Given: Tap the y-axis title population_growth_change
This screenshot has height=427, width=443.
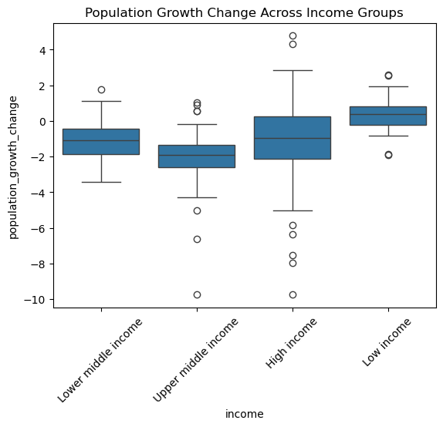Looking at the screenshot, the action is (x=13, y=167).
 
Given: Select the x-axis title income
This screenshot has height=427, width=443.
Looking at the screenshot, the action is (x=245, y=414).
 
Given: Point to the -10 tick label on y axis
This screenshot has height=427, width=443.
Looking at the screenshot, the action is (x=35, y=300).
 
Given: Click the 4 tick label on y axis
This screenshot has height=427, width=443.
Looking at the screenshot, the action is (x=43, y=50).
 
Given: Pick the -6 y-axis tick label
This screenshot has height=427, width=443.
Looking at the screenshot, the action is (x=38, y=228).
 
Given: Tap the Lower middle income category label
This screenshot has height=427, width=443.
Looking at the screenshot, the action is (x=100, y=361).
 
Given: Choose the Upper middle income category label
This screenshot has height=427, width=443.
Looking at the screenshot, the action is (x=195, y=360).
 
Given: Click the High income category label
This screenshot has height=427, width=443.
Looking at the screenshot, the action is (x=291, y=343).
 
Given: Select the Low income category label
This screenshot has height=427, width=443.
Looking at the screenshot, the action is (x=387, y=342).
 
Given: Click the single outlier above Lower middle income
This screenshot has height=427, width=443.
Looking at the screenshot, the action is (x=101, y=89).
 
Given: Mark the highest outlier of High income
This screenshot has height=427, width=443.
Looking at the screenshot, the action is (x=293, y=36).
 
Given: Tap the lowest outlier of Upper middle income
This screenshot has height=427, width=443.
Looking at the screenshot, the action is (x=198, y=295).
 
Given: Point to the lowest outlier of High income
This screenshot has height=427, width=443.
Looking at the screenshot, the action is (x=293, y=295).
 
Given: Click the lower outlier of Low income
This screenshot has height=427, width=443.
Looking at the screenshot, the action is (x=388, y=155).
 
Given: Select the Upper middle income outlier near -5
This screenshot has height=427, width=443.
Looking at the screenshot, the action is (x=198, y=211).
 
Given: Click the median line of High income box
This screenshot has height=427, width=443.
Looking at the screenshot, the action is (x=293, y=138).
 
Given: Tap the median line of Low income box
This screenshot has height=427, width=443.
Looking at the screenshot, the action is (x=388, y=114).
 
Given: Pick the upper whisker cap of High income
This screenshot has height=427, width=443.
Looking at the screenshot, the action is (x=293, y=70).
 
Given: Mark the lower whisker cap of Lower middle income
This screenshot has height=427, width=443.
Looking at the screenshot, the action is (x=101, y=183).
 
